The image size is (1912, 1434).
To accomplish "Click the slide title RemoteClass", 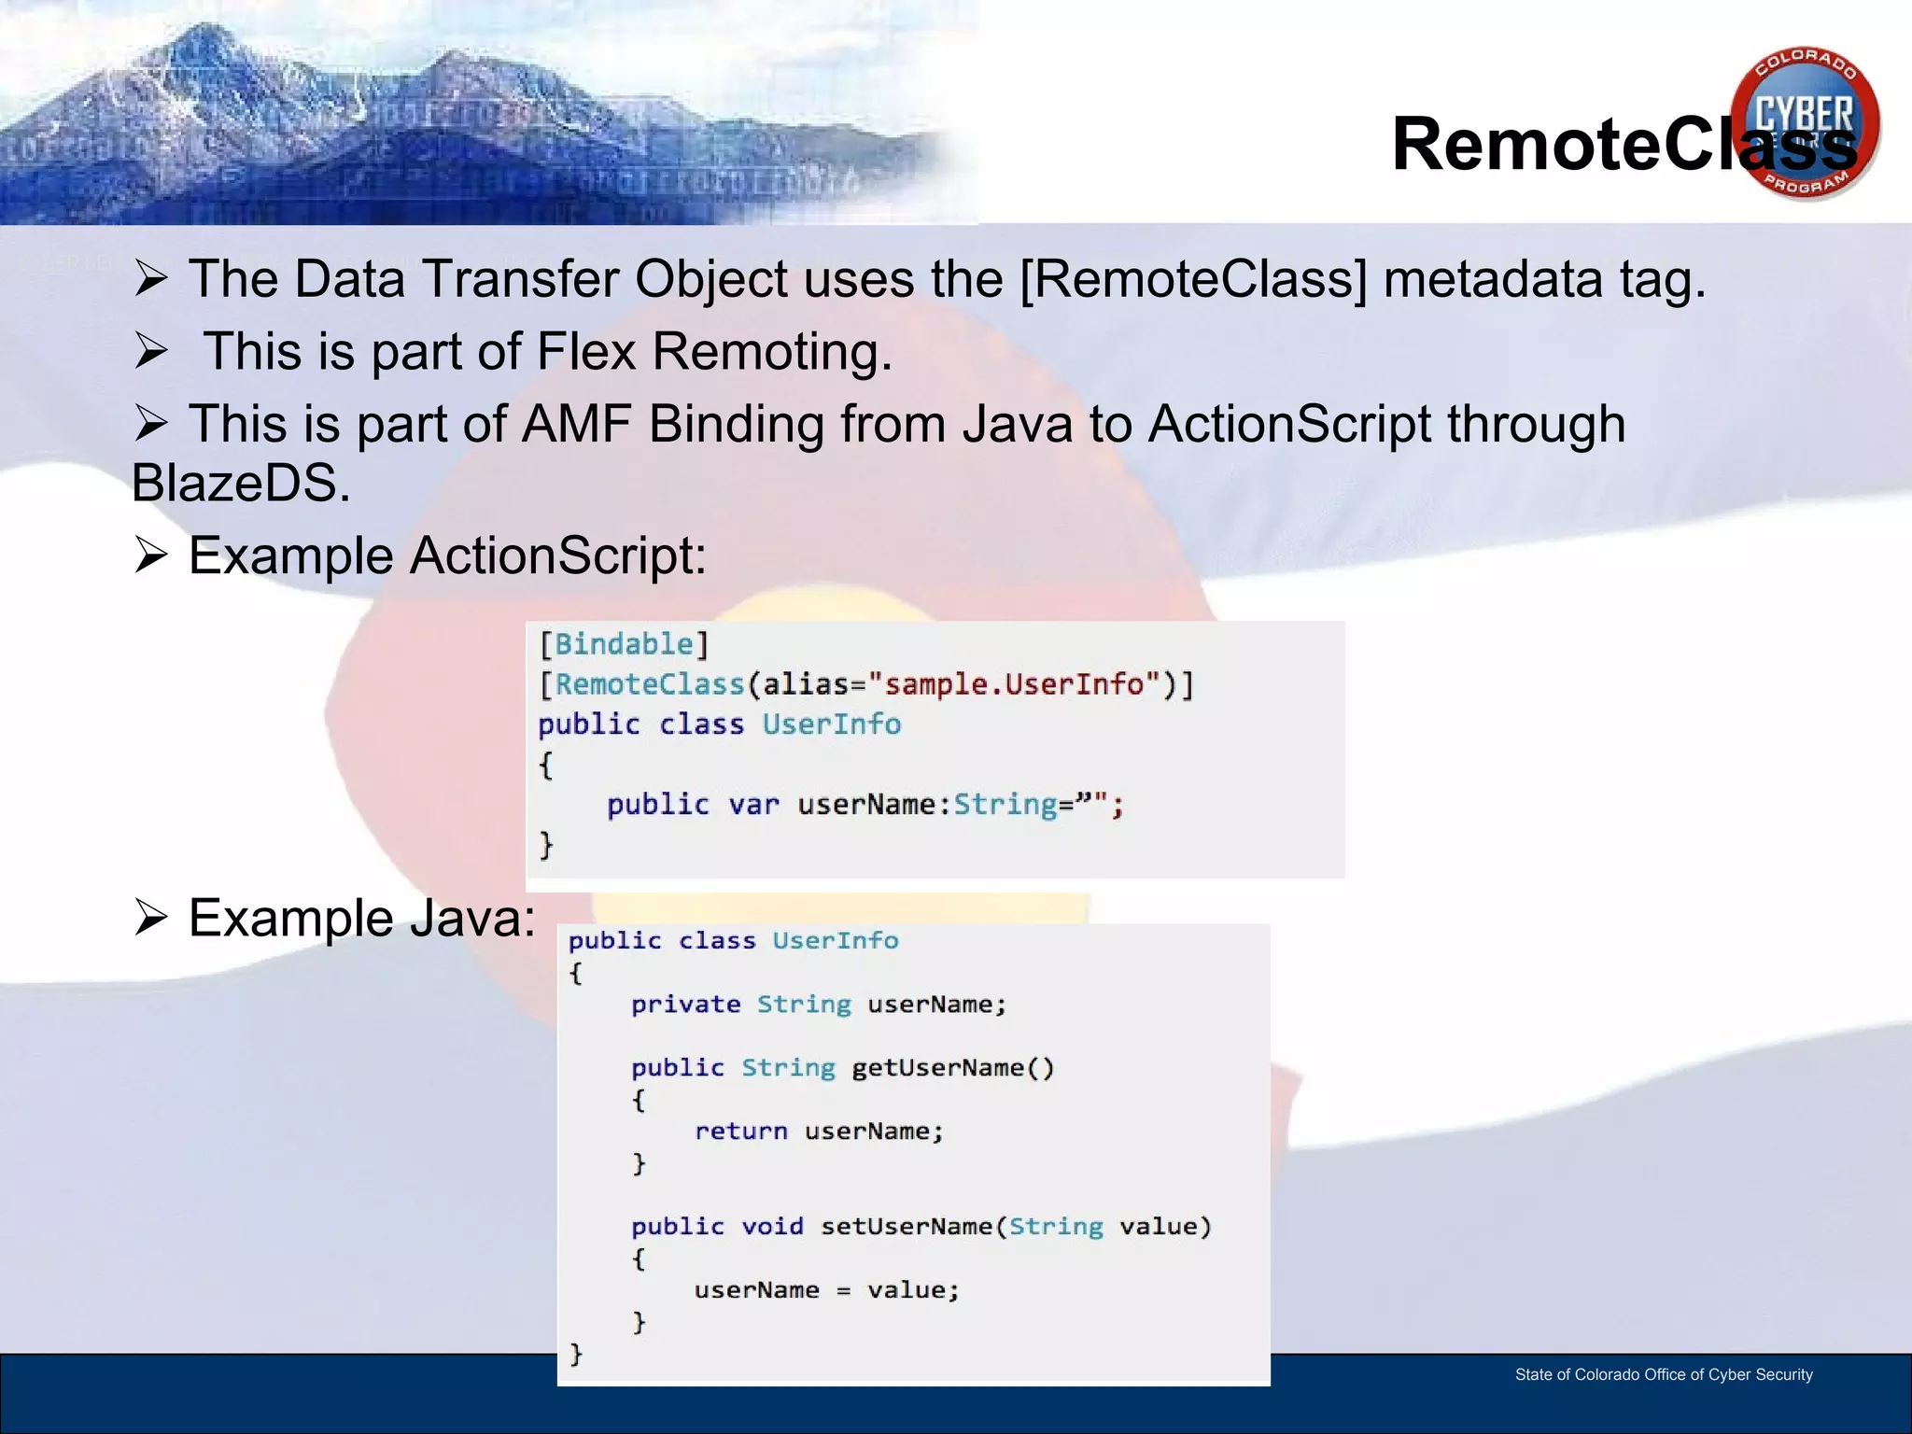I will coord(1624,145).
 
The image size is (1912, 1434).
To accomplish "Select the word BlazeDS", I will coord(241,484).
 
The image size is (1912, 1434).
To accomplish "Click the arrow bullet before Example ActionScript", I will coord(150,555).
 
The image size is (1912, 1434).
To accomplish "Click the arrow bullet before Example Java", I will coord(150,918).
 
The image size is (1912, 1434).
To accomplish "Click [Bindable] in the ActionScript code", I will coord(624,644).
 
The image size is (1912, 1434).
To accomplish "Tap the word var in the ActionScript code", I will coord(753,805).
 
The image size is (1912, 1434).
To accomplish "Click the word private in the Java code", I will coord(685,1005).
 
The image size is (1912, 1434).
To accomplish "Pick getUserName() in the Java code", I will coord(952,1068).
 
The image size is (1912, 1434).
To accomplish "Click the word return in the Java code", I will coord(740,1132).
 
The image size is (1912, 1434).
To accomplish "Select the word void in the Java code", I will coord(772,1227).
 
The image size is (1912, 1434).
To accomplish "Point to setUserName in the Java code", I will coord(906,1227).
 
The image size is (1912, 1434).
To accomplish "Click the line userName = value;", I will coord(826,1290).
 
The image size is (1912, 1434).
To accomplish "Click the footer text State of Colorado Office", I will coord(1663,1374).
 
